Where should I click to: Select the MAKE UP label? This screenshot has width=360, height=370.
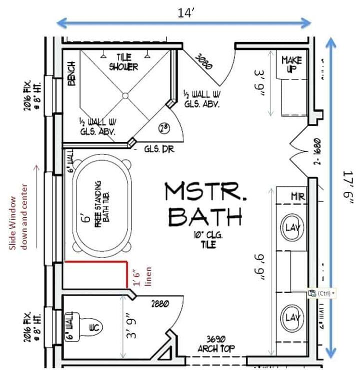(x=291, y=64)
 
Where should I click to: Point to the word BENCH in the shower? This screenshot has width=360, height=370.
(x=71, y=74)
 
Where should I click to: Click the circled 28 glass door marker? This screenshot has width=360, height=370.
(x=163, y=127)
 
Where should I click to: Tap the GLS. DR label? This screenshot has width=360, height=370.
(x=156, y=148)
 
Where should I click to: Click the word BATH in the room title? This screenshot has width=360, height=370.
(x=205, y=217)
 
